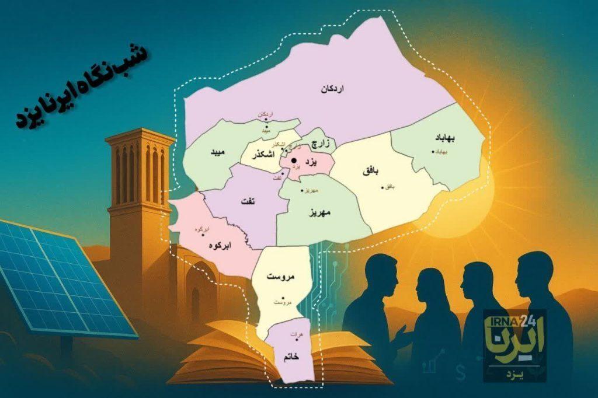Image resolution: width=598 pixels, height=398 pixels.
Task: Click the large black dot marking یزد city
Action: point(294,160)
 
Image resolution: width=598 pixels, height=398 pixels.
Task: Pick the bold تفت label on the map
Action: point(247,201)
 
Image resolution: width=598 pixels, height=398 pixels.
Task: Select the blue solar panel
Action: point(55,274)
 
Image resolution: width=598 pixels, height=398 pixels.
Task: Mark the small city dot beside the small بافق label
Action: point(383,187)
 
